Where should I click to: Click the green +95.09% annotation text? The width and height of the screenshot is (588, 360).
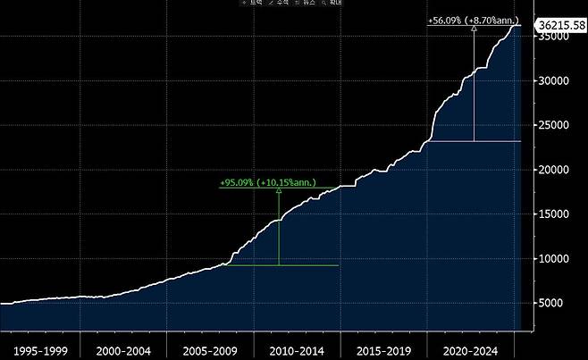click(x=266, y=183)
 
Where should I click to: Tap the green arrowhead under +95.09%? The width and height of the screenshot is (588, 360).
click(x=279, y=191)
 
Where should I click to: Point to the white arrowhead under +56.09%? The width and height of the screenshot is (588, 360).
click(x=474, y=29)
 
